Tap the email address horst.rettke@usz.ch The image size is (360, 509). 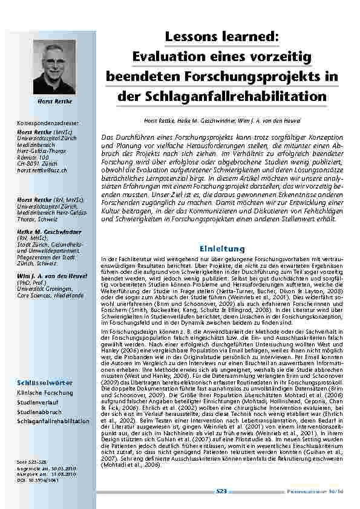[x=42, y=171]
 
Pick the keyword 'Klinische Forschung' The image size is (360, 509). [x=45, y=393]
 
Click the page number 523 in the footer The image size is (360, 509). [x=221, y=492]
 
